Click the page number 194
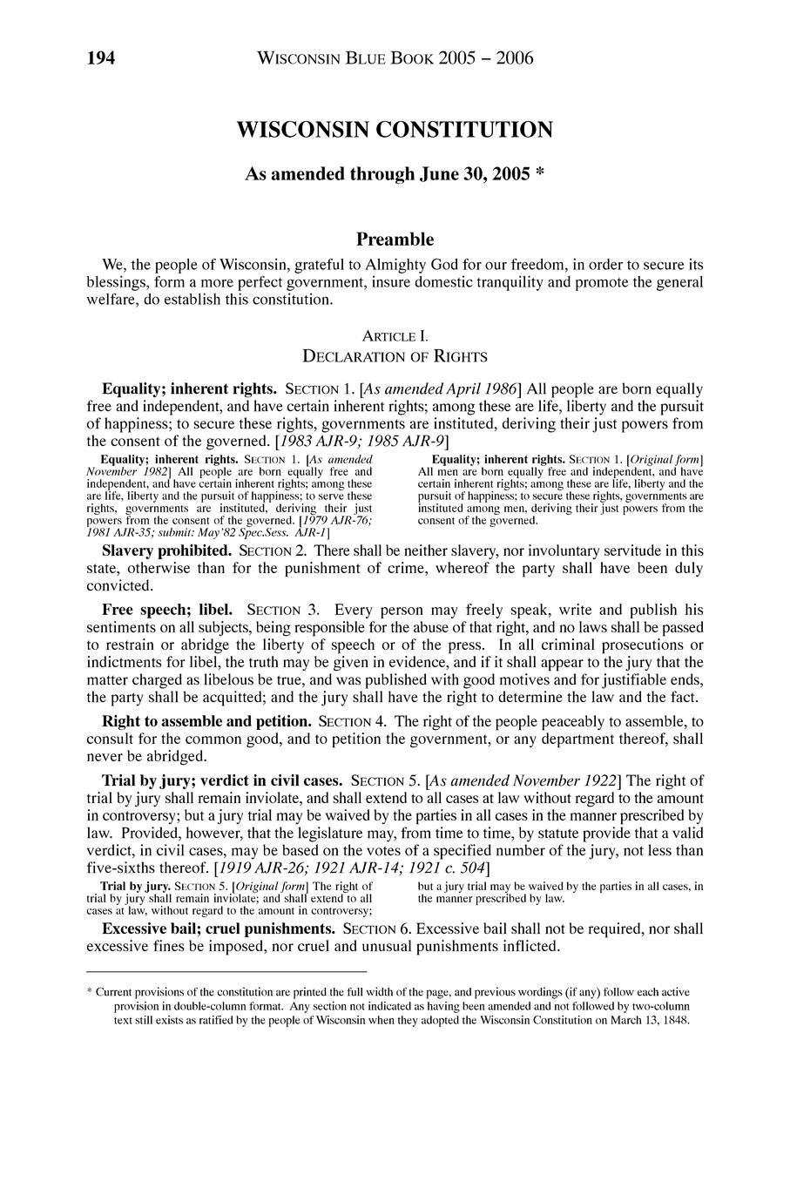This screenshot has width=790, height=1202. [x=100, y=58]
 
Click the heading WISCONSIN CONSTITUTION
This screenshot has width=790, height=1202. [x=395, y=131]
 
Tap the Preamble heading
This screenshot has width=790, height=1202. [x=395, y=239]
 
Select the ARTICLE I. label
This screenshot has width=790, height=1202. [x=395, y=336]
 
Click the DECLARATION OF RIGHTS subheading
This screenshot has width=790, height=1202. [x=395, y=356]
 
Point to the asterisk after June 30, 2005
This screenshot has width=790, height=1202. [x=540, y=174]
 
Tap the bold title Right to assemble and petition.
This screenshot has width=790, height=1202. [x=206, y=722]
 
